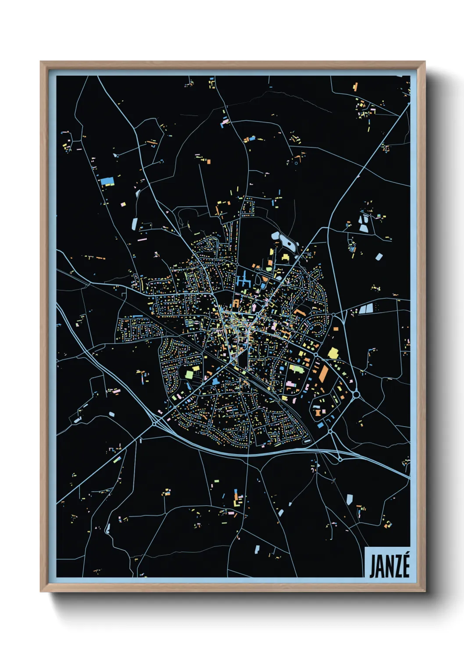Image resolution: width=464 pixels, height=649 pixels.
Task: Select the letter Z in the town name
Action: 394,567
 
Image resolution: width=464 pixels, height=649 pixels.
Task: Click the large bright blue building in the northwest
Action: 107,182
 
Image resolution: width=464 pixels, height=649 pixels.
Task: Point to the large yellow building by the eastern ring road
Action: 333,353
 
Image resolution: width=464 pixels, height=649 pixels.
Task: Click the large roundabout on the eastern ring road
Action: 356,395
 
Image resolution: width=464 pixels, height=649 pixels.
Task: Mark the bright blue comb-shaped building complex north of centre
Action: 243,279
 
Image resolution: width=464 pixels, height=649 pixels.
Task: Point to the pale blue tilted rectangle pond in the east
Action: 378,257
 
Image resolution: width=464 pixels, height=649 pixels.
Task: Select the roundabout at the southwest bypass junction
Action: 154,424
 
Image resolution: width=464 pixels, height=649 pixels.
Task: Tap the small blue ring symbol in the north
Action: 296,163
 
